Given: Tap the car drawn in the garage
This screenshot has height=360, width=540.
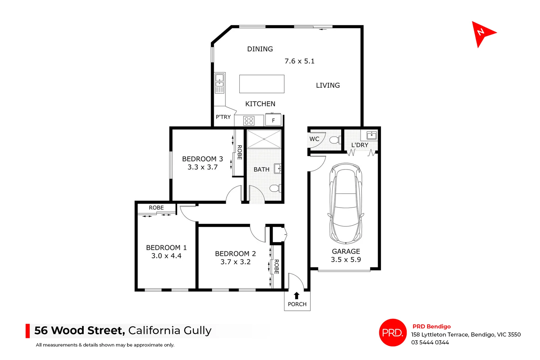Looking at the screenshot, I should point(346,203).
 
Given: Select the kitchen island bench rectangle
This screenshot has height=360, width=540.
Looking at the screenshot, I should point(261,84).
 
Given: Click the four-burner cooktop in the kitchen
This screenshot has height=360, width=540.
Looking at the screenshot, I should point(249,121).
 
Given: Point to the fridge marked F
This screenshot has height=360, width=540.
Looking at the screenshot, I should point(273,120).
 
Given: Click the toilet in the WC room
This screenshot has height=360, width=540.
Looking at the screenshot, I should point(335,140).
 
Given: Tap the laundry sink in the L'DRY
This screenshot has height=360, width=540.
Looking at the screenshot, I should point(371,135).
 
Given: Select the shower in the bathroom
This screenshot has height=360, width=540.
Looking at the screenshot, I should point(264,139).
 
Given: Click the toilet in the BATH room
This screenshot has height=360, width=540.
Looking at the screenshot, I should point(275,189).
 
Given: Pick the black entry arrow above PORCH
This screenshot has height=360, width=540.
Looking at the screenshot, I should point(297,296).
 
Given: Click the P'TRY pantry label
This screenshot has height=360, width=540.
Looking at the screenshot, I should point(223,117).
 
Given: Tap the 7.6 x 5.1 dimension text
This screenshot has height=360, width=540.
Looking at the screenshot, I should point(299,61).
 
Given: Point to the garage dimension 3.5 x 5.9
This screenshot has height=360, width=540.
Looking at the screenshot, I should point(346,260).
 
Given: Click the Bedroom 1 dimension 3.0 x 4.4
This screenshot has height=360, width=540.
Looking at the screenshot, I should point(166,256).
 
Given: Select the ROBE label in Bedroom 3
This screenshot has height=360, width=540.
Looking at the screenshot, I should point(239,152).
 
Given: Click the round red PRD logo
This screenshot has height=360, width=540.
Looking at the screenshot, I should point(393,332).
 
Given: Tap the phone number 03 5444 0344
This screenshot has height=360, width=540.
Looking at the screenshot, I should point(430,342).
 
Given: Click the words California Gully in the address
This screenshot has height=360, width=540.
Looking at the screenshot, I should point(170,330).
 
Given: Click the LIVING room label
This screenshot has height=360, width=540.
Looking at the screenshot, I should point(328,85).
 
